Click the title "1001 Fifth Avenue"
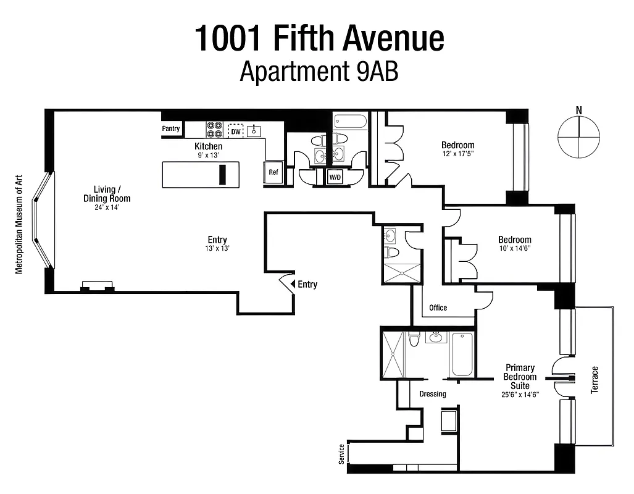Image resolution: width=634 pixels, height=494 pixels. [319, 38]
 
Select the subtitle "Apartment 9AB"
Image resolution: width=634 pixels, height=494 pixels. [319, 72]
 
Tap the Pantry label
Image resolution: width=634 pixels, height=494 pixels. [171, 129]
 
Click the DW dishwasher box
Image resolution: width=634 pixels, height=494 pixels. [236, 131]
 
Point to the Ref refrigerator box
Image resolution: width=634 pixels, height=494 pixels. [273, 172]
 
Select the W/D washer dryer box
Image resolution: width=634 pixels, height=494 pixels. [335, 177]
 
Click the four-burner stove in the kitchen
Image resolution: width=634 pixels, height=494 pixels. [214, 130]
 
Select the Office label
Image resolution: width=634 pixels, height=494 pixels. [438, 308]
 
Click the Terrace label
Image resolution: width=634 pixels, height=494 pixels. [594, 380]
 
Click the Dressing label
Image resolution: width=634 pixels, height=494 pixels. [432, 394]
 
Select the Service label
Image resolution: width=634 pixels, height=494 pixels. [341, 454]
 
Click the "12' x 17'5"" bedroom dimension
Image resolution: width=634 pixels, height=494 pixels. [457, 154]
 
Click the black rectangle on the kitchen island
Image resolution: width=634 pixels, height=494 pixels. [222, 174]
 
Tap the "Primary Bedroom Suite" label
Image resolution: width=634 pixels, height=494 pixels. [520, 377]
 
